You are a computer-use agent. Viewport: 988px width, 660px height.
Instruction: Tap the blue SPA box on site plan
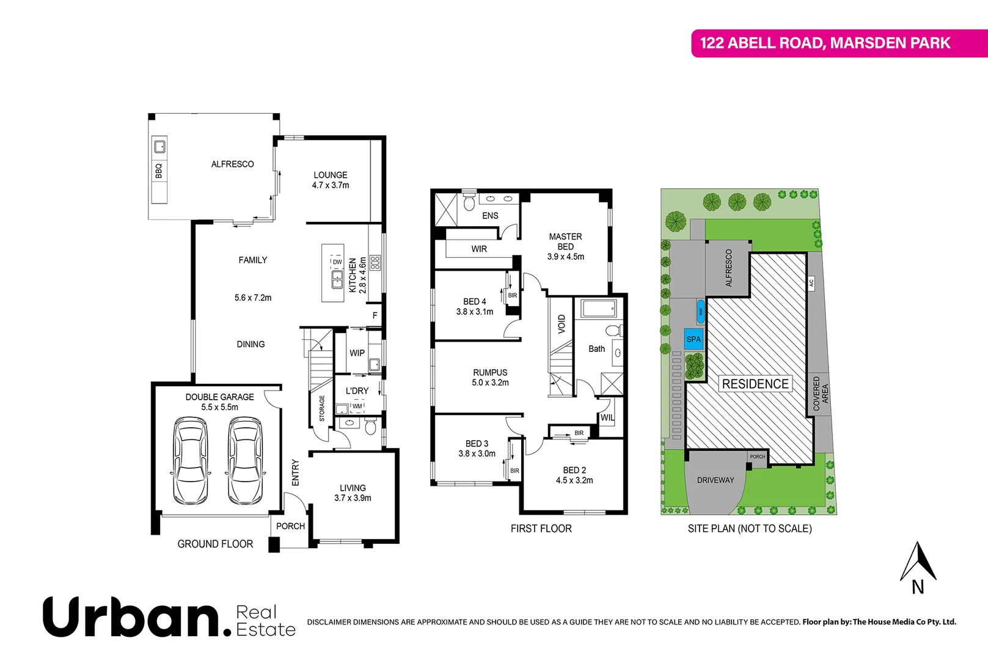(693, 339)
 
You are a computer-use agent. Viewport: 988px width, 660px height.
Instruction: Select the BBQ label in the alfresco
(159, 170)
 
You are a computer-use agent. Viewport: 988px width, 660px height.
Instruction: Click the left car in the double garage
(190, 460)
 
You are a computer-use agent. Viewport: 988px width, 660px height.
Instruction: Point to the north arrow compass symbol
(918, 562)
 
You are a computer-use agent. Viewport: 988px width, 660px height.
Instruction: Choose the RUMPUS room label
(490, 372)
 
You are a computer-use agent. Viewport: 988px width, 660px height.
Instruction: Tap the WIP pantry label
(357, 353)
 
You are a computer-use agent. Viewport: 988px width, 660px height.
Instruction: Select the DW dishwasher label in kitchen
(337, 262)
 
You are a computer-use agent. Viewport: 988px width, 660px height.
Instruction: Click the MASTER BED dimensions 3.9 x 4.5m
(565, 257)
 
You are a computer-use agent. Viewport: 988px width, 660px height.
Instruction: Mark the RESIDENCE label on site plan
(755, 384)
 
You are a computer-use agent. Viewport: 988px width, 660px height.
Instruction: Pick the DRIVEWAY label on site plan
(715, 480)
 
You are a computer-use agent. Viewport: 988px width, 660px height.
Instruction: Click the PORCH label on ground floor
(290, 526)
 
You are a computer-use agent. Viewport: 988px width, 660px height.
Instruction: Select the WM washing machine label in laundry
(357, 406)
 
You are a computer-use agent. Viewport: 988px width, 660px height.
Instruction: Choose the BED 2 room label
(574, 470)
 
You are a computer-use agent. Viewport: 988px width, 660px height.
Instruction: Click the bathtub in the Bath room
(599, 309)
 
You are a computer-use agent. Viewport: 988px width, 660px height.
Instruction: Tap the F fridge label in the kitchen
(375, 315)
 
